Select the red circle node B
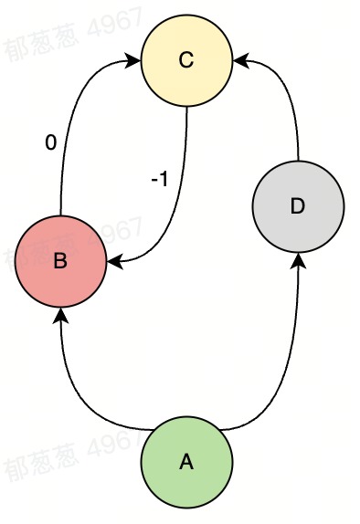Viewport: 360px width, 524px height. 60,261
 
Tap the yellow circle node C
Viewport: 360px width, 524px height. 186,60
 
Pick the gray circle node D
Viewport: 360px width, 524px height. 297,206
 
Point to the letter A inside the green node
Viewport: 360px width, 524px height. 186,462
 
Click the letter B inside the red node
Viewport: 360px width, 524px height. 60,262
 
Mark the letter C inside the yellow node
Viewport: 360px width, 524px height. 186,60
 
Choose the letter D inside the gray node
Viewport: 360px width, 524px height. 297,206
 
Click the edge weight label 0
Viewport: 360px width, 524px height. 51,142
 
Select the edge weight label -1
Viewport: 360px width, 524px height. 159,179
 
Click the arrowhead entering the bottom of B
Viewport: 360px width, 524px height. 60,314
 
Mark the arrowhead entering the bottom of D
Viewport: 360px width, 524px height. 297,258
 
